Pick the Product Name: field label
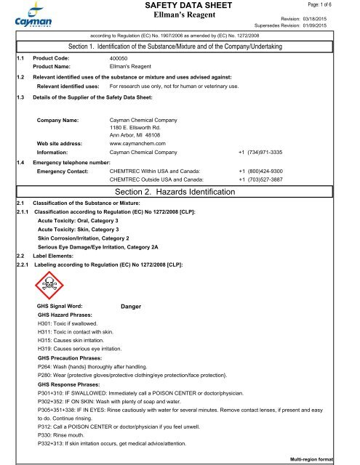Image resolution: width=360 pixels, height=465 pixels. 55,65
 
